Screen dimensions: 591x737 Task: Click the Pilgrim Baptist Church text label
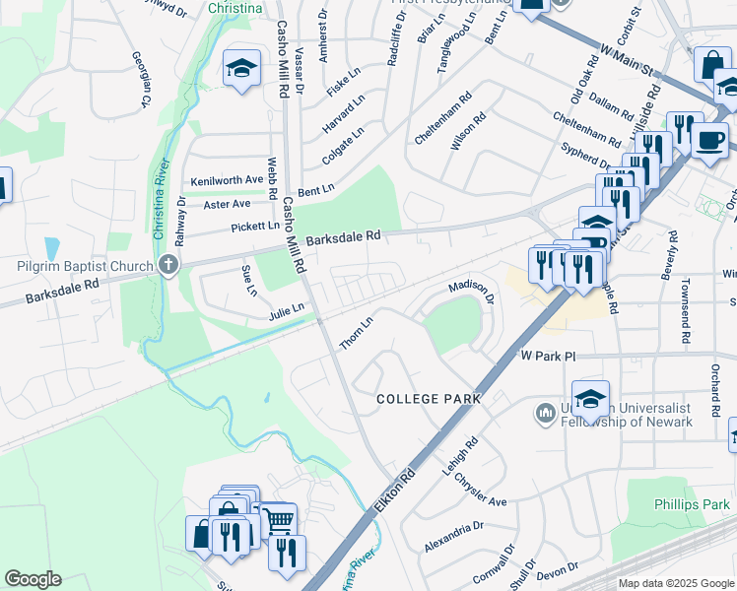[x=85, y=266]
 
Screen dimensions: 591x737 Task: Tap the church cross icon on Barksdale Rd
[x=168, y=264]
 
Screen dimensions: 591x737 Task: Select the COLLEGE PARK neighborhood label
[x=430, y=399]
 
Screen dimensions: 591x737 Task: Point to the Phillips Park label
[x=692, y=504]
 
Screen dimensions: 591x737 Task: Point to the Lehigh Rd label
[x=460, y=457]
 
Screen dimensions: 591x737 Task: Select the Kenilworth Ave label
[x=228, y=180]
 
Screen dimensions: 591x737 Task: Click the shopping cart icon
[x=279, y=518]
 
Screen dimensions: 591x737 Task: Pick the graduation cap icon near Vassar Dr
[x=241, y=68]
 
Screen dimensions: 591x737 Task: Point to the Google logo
[x=33, y=579]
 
